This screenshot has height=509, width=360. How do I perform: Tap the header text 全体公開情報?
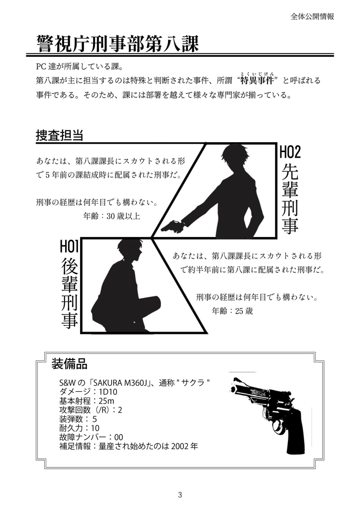coord(312,16)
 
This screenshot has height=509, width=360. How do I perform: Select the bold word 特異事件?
coord(258,81)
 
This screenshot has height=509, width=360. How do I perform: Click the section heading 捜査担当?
coord(59,135)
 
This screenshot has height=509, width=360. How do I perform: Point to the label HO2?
coord(290,152)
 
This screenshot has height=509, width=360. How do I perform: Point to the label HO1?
coord(70,246)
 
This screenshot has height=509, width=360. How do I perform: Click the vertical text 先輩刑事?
coord(290,198)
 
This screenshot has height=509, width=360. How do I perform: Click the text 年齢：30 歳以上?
coord(112,216)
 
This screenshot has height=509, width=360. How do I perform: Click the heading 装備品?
coord(69,364)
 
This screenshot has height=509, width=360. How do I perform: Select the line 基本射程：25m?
coord(87,401)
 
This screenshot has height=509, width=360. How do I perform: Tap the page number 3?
coord(180,495)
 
